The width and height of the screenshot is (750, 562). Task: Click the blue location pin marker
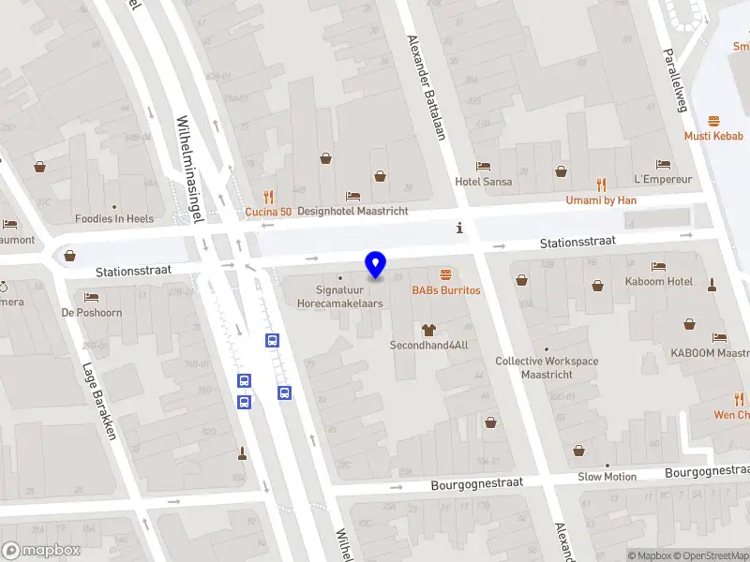375,265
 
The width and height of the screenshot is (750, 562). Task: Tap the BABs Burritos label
445,290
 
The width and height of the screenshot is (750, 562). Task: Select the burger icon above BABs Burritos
445,274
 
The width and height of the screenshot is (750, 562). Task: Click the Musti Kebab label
713,136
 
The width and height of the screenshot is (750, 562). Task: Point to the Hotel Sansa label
484,182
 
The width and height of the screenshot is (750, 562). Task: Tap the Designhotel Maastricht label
352,211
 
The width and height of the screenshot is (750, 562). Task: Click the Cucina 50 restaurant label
269,212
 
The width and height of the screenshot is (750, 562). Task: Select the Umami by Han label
601,200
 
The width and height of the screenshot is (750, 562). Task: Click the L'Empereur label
663,179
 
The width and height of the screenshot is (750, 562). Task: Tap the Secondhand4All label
428,346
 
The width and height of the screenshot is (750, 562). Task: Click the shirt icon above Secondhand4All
429,329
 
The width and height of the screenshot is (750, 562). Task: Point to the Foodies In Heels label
114,219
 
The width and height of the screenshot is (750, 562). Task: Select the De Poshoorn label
92,313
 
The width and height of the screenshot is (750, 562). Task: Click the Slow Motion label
607,477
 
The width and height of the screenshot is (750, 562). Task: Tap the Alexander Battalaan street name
425,87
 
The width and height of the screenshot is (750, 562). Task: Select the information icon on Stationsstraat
459,228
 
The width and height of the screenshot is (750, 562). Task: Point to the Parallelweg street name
675,80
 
